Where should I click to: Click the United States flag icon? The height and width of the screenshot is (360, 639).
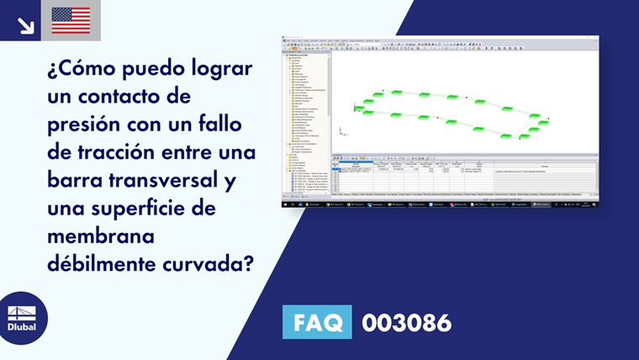[71, 20]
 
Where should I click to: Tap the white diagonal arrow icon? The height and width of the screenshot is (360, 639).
[25, 25]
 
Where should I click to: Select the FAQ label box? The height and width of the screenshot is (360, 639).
[318, 322]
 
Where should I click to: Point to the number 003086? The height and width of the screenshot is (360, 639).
[406, 322]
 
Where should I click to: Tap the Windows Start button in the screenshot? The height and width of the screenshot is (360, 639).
[288, 204]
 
